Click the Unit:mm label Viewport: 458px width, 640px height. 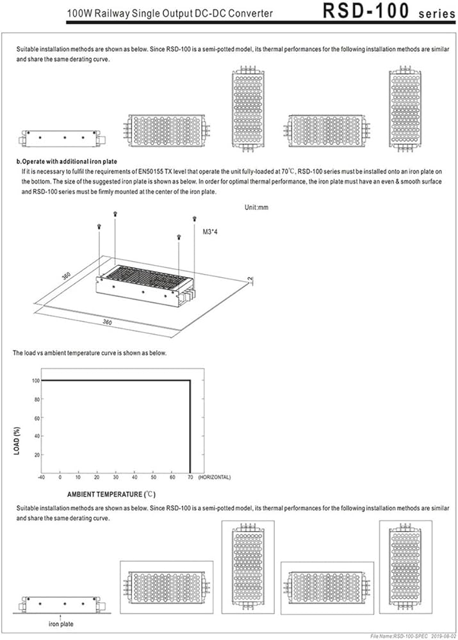pyautogui.click(x=257, y=207)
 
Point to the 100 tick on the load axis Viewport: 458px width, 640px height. pyautogui.click(x=36, y=380)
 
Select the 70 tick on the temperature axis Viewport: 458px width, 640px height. pyautogui.click(x=190, y=477)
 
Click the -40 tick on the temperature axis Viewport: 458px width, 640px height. pyautogui.click(x=42, y=477)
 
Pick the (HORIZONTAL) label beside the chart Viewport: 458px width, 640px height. pyautogui.click(x=214, y=477)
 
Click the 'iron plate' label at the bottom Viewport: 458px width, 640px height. pyautogui.click(x=61, y=623)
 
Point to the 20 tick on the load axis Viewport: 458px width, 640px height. pyautogui.click(x=37, y=454)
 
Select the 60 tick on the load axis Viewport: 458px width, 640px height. pyautogui.click(x=37, y=417)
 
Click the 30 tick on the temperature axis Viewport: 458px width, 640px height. pyautogui.click(x=115, y=477)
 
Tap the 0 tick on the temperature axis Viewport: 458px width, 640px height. pyautogui.click(x=60, y=477)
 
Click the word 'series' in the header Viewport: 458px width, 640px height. pyautogui.click(x=436, y=13)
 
